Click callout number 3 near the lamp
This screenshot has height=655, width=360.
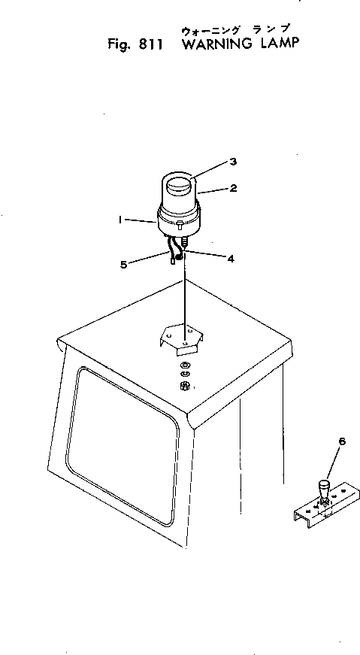point(233,162)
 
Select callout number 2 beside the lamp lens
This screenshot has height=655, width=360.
point(233,189)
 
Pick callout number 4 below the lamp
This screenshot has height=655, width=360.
point(231,259)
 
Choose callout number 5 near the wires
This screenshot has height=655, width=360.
point(123,265)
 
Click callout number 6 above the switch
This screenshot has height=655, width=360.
point(343,441)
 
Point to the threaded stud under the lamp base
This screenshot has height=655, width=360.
point(185,241)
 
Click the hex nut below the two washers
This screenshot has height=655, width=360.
point(183,387)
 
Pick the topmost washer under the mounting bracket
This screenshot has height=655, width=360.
point(183,365)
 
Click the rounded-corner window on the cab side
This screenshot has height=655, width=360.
point(122,446)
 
